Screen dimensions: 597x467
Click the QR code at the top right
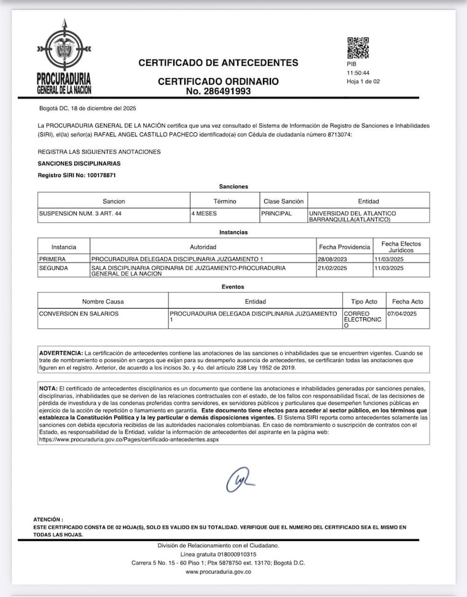[358, 48]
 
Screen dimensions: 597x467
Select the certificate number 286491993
[218, 91]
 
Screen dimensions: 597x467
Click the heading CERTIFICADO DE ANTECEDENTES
[218, 63]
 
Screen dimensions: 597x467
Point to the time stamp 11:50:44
[358, 73]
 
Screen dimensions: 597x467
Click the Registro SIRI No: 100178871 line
[77, 175]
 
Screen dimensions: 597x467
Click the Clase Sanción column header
[283, 201]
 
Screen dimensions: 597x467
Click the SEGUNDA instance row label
[52, 269]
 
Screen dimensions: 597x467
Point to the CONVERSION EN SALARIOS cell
[79, 314]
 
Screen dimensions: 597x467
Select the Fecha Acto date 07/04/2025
[402, 314]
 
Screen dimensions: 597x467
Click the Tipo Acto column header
[364, 301]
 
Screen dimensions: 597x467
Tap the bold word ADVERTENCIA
[60, 353]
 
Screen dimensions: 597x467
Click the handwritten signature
[240, 480]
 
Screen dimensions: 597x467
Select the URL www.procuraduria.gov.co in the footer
[218, 572]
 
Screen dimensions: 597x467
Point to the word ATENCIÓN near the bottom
[48, 520]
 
